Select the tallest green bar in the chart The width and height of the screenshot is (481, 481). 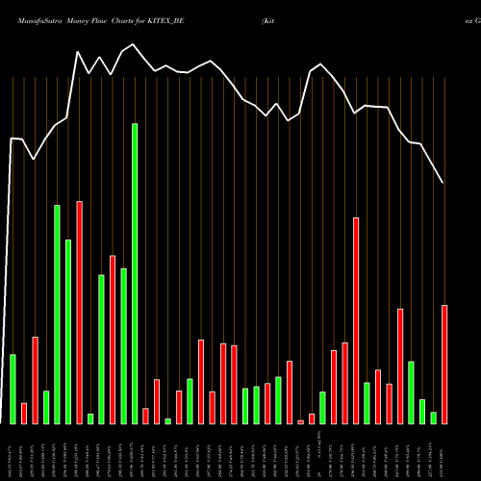pos(135,273)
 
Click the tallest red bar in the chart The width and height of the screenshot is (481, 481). pos(80,312)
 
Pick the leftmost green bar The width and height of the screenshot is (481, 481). pos(13,389)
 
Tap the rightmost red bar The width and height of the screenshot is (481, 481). pos(444,364)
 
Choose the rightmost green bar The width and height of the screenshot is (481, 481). pos(433,418)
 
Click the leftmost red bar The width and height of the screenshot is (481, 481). pos(24,413)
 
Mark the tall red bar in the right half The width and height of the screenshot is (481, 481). pos(356,320)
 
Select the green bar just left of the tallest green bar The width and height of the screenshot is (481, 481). pos(124,345)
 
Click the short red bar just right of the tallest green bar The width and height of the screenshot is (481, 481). pos(146,416)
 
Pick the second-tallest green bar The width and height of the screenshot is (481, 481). pos(58,314)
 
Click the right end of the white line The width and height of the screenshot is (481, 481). pos(443,183)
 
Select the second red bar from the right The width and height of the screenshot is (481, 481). pos(400,366)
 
